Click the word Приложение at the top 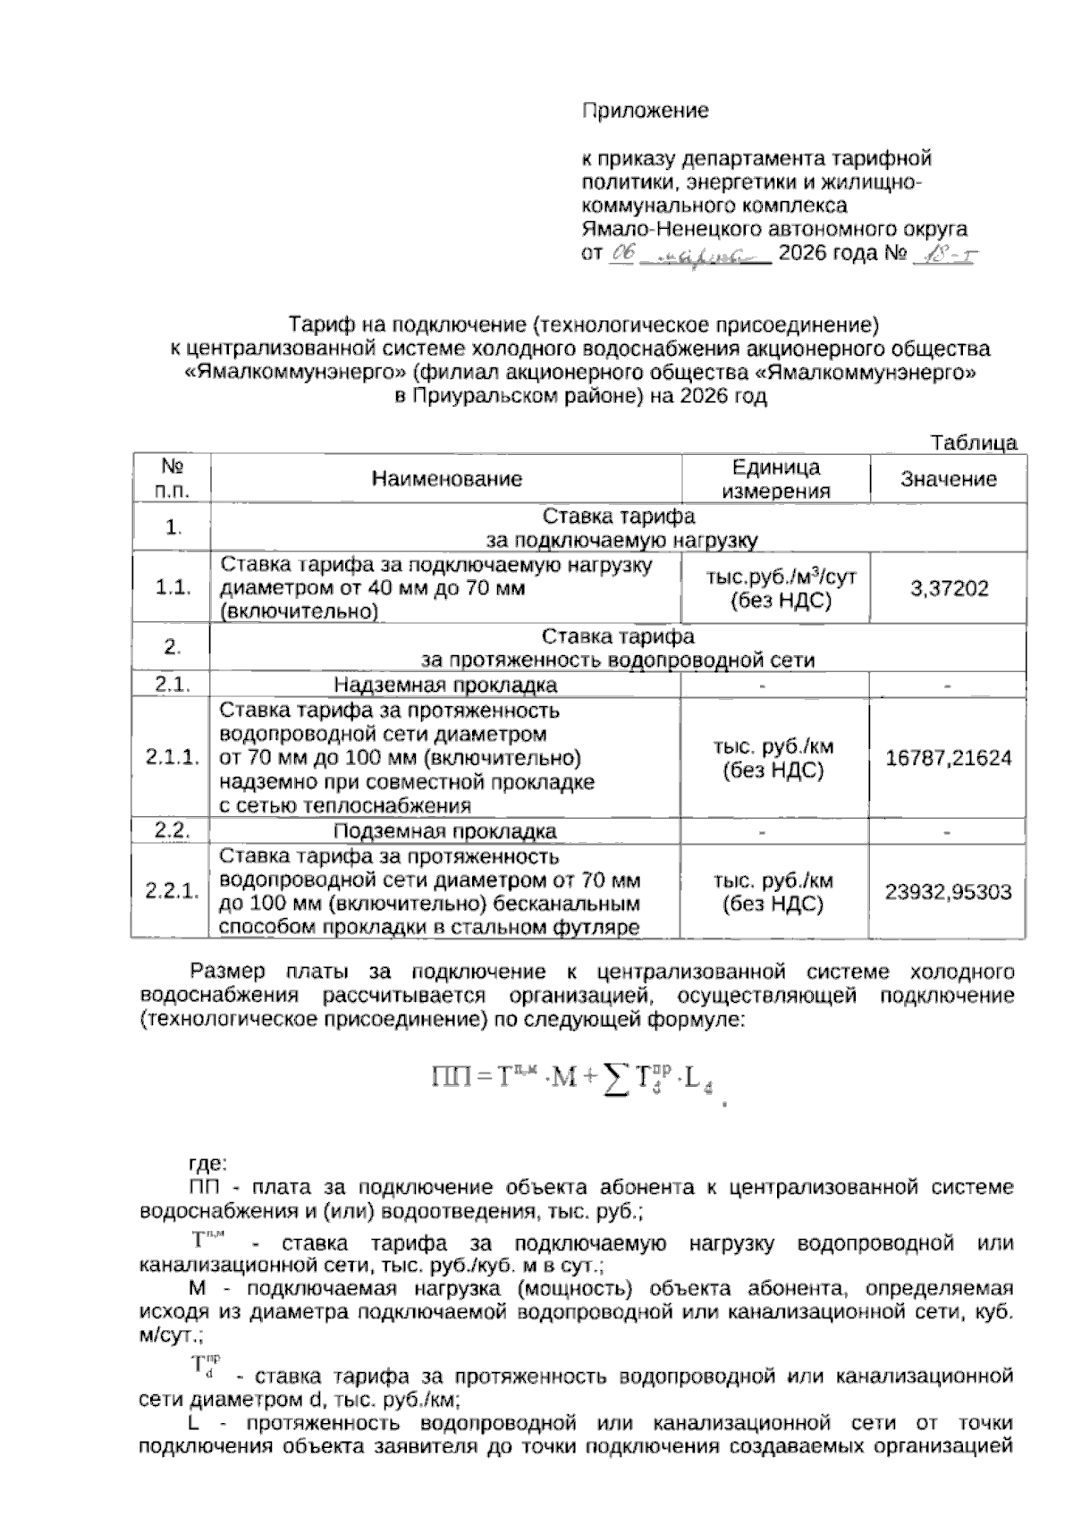[x=645, y=111]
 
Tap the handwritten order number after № [x=944, y=255]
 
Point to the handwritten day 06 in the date [x=622, y=255]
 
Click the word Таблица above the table [x=974, y=443]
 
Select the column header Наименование [x=446, y=479]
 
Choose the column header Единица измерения [x=775, y=479]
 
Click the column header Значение [x=948, y=479]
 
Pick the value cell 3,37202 [x=948, y=588]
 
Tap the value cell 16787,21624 [x=948, y=758]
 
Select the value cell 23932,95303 [x=948, y=892]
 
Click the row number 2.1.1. [x=172, y=758]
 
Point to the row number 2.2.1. [x=172, y=892]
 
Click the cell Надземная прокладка [x=445, y=686]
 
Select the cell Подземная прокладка [x=445, y=832]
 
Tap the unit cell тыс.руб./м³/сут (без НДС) [x=775, y=588]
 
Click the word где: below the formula [x=207, y=1165]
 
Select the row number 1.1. [x=172, y=588]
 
